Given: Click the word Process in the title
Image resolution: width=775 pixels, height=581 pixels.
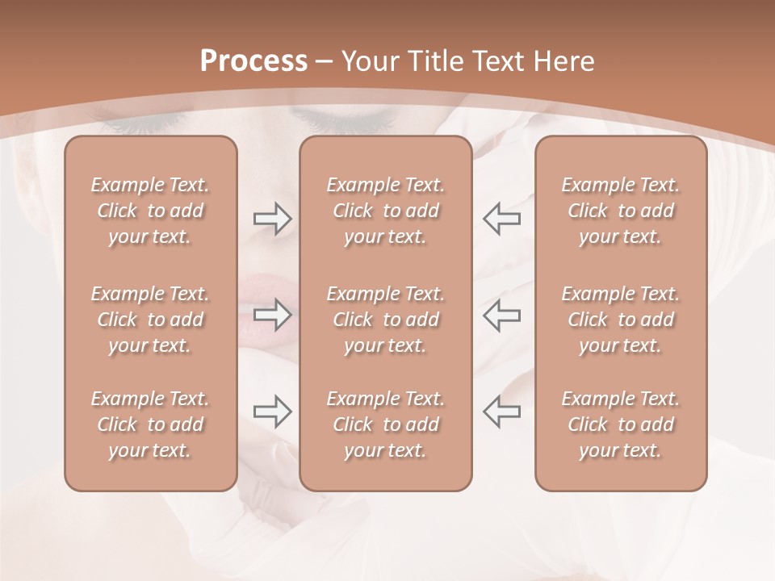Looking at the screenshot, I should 253,61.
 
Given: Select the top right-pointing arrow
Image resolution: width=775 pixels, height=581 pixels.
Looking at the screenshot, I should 273,218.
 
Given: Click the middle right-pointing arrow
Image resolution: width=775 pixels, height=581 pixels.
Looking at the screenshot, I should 273,315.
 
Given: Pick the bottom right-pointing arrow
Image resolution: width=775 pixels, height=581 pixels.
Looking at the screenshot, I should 273,412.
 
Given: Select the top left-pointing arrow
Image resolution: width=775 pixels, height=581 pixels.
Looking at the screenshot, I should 501,218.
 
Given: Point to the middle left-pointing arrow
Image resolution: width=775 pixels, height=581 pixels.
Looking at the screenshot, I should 501,315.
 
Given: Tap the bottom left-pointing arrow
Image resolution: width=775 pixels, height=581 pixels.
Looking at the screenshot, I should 501,412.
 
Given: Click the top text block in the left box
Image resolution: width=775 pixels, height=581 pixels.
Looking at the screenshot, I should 150,211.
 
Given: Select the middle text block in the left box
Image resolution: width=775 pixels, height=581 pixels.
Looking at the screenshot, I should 150,320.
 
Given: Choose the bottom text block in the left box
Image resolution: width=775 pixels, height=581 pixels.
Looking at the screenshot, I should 150,424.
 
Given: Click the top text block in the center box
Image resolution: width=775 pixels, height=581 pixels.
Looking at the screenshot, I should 386,211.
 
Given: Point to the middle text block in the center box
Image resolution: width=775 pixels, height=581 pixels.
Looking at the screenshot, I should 386,320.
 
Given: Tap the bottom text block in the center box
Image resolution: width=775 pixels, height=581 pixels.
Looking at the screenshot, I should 386,424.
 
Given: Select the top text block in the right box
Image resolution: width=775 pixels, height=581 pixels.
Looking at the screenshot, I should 621,211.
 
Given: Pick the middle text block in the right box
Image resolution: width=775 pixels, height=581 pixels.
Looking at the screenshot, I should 621,320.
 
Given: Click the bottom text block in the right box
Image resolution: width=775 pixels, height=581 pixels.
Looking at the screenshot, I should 621,424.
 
